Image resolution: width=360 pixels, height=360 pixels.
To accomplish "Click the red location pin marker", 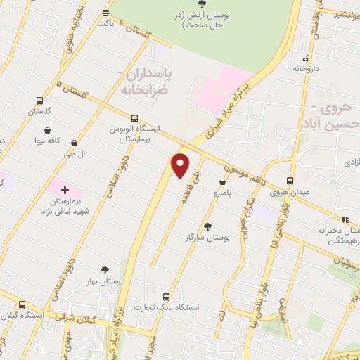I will coord(181,165).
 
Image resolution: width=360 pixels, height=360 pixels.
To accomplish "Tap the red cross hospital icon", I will coord(65,190).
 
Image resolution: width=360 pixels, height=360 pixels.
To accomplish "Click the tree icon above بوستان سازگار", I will coord(207,226).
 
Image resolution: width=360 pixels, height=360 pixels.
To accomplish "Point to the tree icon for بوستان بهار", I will coord(105,269).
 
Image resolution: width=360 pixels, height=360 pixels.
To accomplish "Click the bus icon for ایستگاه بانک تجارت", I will coord(166,297).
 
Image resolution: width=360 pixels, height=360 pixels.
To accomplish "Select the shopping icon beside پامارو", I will coord(222,182).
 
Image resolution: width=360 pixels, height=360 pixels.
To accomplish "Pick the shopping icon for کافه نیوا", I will coord(47,130).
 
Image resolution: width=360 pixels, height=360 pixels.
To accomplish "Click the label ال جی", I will coord(75,152).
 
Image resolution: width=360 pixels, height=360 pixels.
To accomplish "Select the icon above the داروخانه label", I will coord(304,59).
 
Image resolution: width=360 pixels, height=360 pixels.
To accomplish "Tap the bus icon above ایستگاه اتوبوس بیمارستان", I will coord(134,118).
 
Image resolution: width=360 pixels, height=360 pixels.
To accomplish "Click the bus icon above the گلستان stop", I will coord(39,101).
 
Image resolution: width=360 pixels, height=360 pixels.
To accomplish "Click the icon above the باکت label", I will coord(105,13).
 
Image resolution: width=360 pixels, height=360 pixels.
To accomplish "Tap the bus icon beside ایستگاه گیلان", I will coord(22,304).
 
